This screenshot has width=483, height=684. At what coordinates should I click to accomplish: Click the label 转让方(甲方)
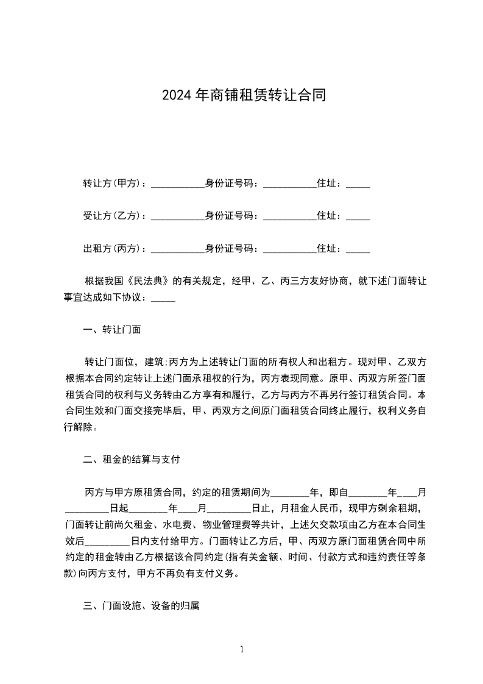(x=111, y=183)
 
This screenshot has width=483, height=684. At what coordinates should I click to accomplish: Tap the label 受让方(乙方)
(x=111, y=216)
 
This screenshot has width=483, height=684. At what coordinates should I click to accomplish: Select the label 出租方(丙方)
(x=111, y=248)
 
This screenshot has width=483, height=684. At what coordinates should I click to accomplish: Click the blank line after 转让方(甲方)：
(x=177, y=185)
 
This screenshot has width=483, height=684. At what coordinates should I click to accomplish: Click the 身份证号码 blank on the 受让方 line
(x=289, y=217)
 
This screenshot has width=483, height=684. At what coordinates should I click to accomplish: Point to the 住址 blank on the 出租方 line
(x=358, y=249)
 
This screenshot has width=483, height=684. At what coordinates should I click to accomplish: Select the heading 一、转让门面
(x=112, y=330)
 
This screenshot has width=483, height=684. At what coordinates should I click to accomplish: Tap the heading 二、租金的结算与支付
(x=131, y=460)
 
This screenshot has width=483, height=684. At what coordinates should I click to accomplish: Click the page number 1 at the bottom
(x=242, y=649)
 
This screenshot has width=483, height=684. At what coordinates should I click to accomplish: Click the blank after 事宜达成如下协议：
(x=163, y=299)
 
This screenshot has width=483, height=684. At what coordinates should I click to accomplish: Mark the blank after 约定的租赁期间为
(x=290, y=493)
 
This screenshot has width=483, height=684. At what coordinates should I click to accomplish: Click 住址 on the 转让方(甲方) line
(x=329, y=183)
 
